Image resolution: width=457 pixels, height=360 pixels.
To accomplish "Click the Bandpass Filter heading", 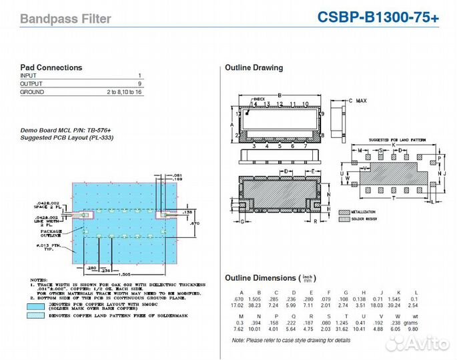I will coord(65,19).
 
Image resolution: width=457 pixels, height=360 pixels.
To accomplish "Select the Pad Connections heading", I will coord(51,67).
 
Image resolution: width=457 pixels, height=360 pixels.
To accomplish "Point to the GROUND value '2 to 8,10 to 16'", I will coord(124,92).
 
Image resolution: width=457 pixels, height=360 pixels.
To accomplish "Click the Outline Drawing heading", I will coord(254,67).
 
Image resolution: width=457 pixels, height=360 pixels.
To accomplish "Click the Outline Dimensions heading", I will coord(260,278).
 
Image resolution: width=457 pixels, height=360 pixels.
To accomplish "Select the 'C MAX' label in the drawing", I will coord(357,101).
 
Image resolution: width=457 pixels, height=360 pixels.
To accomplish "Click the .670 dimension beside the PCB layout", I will coord(194,224).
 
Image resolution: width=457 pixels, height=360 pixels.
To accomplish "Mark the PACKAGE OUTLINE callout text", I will coord(50,233).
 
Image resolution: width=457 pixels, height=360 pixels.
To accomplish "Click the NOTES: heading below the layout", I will coord(39,279).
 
